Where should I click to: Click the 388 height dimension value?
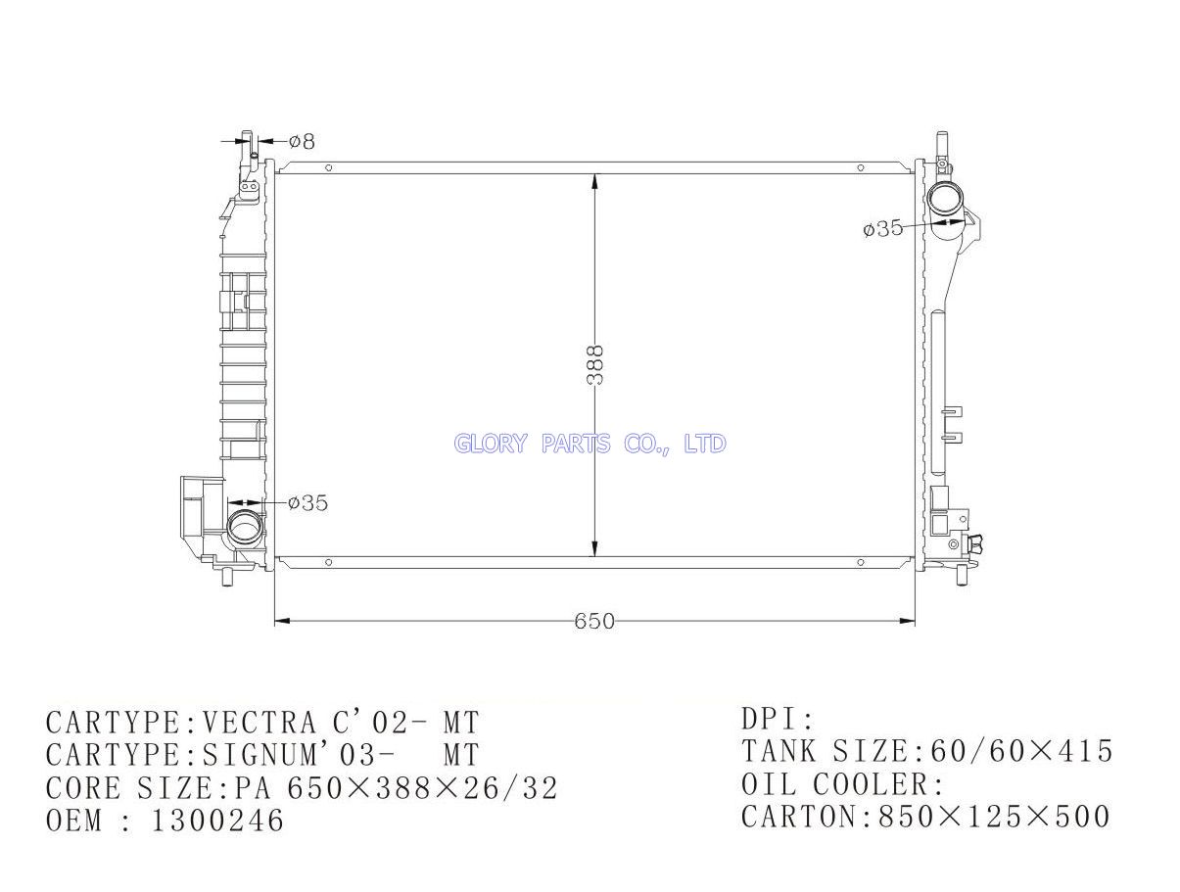[594, 365]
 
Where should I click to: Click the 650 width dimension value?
[594, 621]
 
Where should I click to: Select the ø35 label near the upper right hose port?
[882, 228]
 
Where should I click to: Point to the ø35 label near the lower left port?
[307, 503]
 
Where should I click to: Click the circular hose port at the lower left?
[245, 529]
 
